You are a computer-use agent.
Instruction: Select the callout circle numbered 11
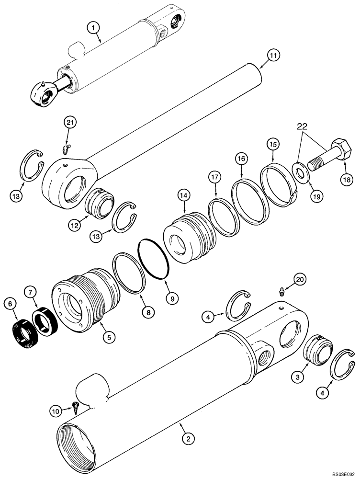272,56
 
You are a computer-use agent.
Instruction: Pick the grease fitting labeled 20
281,292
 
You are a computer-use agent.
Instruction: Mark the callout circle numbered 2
189,438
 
